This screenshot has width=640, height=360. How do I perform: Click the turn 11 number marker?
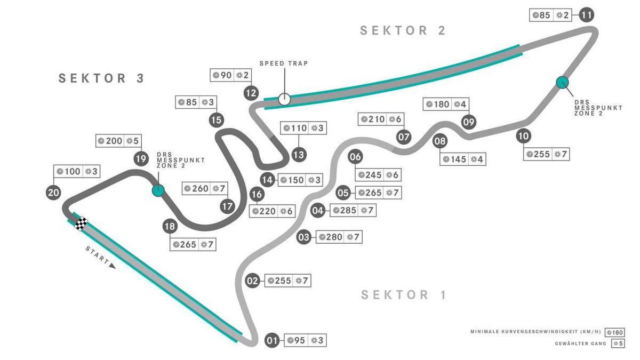tap(587, 14)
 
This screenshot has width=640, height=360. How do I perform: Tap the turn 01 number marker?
tap(273, 340)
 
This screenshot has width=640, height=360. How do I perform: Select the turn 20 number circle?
tap(53, 193)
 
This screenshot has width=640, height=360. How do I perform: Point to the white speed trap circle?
tap(284, 99)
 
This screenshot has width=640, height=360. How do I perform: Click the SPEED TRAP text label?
tap(284, 63)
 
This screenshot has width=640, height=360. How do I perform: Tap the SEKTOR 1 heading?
tap(403, 294)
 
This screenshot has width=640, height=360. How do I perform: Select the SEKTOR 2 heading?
tap(403, 30)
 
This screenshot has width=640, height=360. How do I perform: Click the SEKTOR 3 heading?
tap(101, 78)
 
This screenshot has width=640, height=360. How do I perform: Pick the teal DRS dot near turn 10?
tap(562, 82)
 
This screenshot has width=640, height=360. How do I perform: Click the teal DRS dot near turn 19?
tap(157, 190)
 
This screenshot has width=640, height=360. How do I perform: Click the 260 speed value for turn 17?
tap(201, 188)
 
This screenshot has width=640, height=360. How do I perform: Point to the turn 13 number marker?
tap(299, 155)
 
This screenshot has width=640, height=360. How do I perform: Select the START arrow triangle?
tap(112, 265)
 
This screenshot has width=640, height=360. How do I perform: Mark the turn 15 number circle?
tap(216, 120)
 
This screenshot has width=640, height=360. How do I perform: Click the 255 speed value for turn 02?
tap(283, 281)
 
